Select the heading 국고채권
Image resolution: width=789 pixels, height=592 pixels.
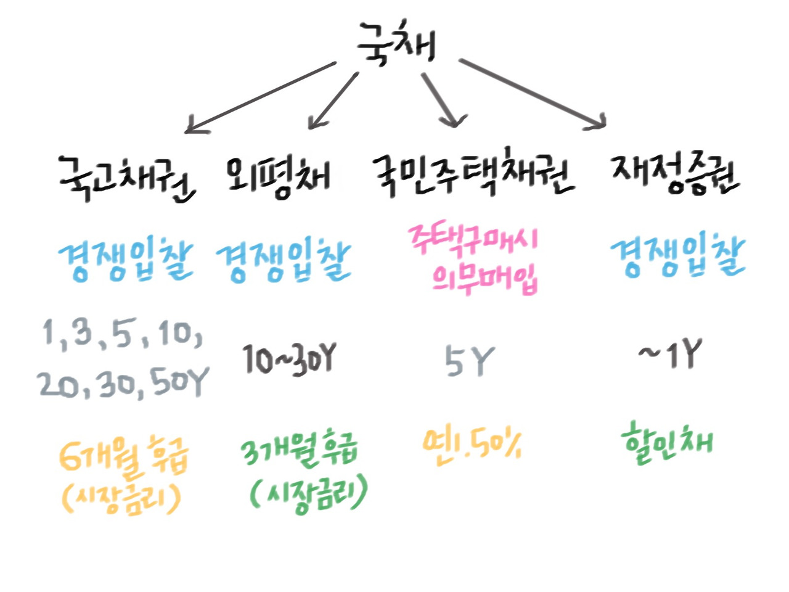tap(126, 178)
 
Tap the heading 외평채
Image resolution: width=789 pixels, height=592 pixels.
tap(277, 176)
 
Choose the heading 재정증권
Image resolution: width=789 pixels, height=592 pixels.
tap(675, 175)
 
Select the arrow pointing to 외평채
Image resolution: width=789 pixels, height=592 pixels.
tap(333, 101)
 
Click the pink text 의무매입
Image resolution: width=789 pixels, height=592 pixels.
tap(484, 279)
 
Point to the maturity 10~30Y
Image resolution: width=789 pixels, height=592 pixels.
tap(288, 358)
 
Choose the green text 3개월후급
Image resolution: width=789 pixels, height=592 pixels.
tap(300, 454)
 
